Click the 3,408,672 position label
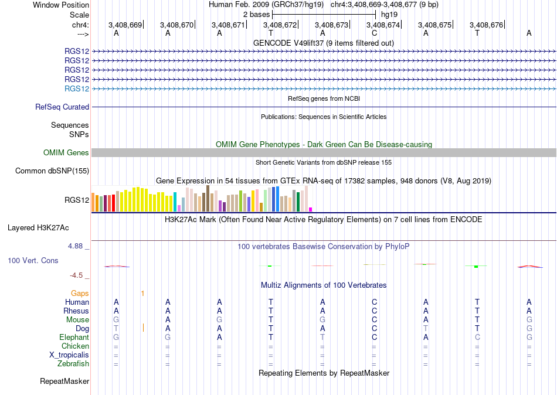click(x=280, y=25)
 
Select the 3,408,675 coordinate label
click(x=435, y=25)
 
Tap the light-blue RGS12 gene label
click(x=77, y=89)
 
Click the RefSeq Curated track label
click(x=62, y=107)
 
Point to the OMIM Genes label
click(x=66, y=153)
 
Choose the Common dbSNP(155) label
click(x=52, y=171)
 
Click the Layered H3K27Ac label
click(x=38, y=228)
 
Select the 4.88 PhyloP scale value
click(x=75, y=246)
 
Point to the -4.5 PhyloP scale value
click(x=76, y=275)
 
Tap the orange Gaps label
click(x=80, y=294)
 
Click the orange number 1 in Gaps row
click(x=142, y=294)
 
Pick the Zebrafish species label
click(x=73, y=364)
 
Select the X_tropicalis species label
click(x=69, y=355)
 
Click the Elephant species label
click(x=74, y=338)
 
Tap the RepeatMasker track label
click(x=64, y=381)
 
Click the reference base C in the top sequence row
click(x=374, y=33)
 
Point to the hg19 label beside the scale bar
click(x=389, y=15)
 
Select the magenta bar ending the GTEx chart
click(x=311, y=210)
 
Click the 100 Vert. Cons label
click(x=33, y=261)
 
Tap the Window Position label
click(x=61, y=5)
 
